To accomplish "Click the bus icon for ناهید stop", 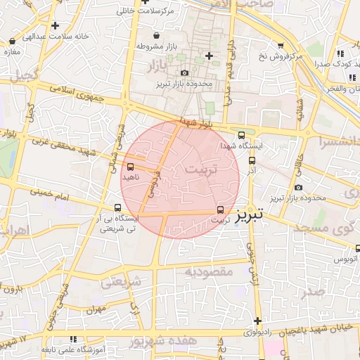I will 130,167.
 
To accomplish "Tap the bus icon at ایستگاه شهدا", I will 241,135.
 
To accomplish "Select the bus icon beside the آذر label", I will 252,160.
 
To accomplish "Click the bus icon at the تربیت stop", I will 221,210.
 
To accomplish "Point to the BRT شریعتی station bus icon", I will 117,207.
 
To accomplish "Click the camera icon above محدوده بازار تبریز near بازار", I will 185,72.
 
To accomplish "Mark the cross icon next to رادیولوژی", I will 257,321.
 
